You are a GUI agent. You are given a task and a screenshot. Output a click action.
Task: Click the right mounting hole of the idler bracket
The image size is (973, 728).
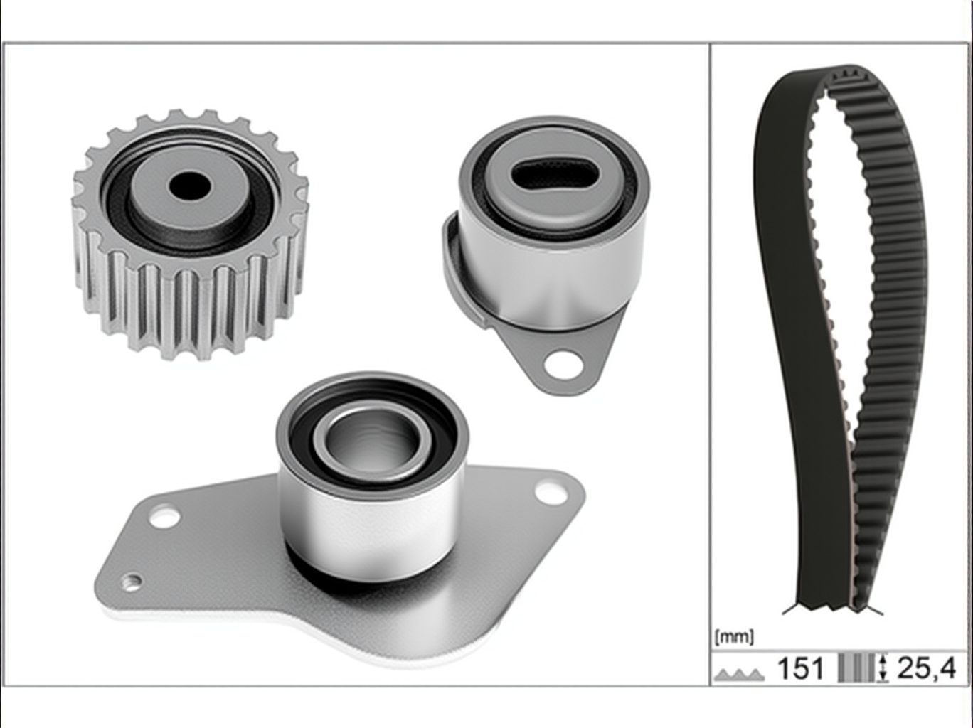(x=549, y=491)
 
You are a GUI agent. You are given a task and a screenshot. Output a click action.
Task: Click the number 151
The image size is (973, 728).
(x=801, y=668)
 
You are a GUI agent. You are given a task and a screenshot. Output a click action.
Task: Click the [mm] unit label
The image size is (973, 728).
(x=733, y=637)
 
